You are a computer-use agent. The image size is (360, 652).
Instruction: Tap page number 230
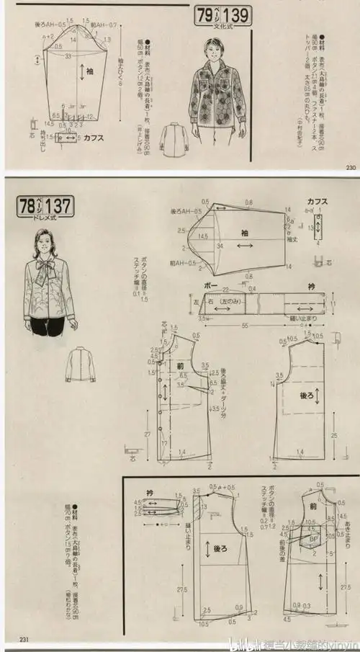coord(351,168)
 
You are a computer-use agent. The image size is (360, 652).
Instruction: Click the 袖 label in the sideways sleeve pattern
coord(244,233)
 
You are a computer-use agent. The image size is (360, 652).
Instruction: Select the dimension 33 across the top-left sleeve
coord(68,55)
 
